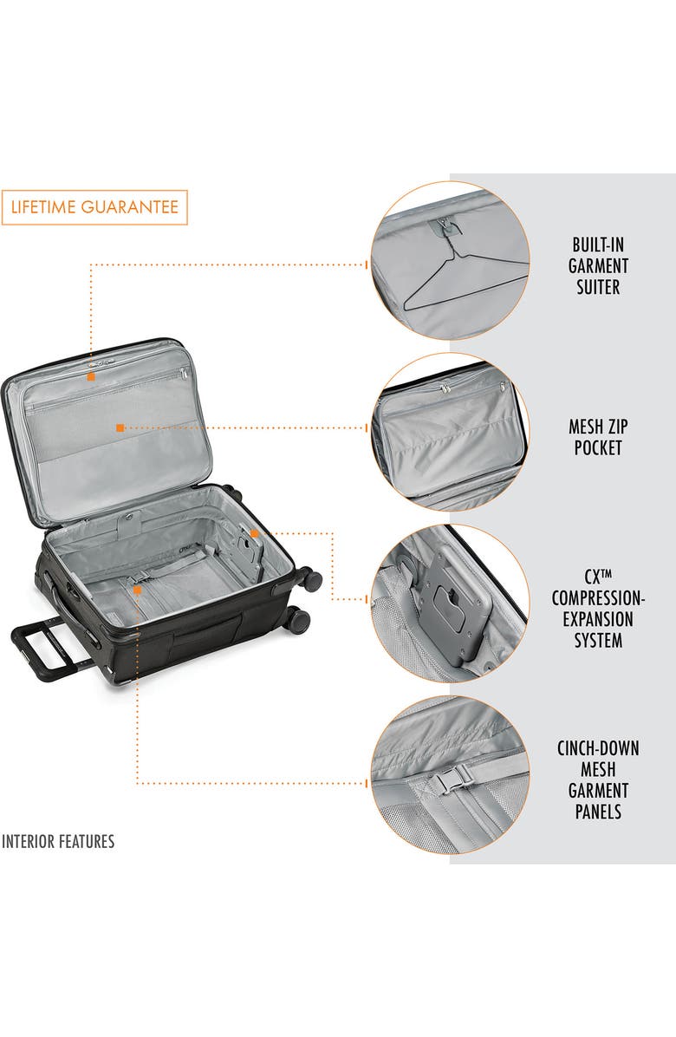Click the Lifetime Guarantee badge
pyautogui.click(x=94, y=207)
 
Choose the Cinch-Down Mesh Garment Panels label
pyautogui.click(x=598, y=779)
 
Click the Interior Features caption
pyautogui.click(x=58, y=841)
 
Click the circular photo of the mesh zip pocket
pyautogui.click(x=450, y=432)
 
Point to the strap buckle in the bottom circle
pyautogui.click(x=447, y=781)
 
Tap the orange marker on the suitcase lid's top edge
pyautogui.click(x=91, y=376)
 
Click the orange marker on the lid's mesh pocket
pyautogui.click(x=120, y=427)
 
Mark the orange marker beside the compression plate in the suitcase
pyautogui.click(x=254, y=533)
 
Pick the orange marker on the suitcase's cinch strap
pyautogui.click(x=138, y=589)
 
